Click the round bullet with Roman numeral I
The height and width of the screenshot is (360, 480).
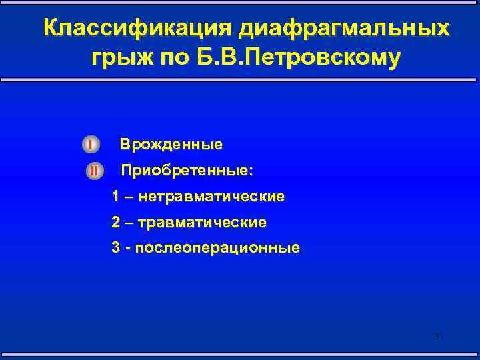coord(91,144)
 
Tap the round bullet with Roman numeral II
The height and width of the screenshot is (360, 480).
coord(94,171)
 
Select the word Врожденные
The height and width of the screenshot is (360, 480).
coord(171,144)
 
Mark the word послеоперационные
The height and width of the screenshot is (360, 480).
coord(218,248)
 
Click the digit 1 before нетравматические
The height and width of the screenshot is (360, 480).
coord(117,197)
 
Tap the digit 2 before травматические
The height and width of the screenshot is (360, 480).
coord(117,222)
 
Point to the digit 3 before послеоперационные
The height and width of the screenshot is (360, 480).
coord(117,248)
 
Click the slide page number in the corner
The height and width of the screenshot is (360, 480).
coord(437,336)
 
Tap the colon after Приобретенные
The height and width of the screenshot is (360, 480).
coord(251,172)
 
